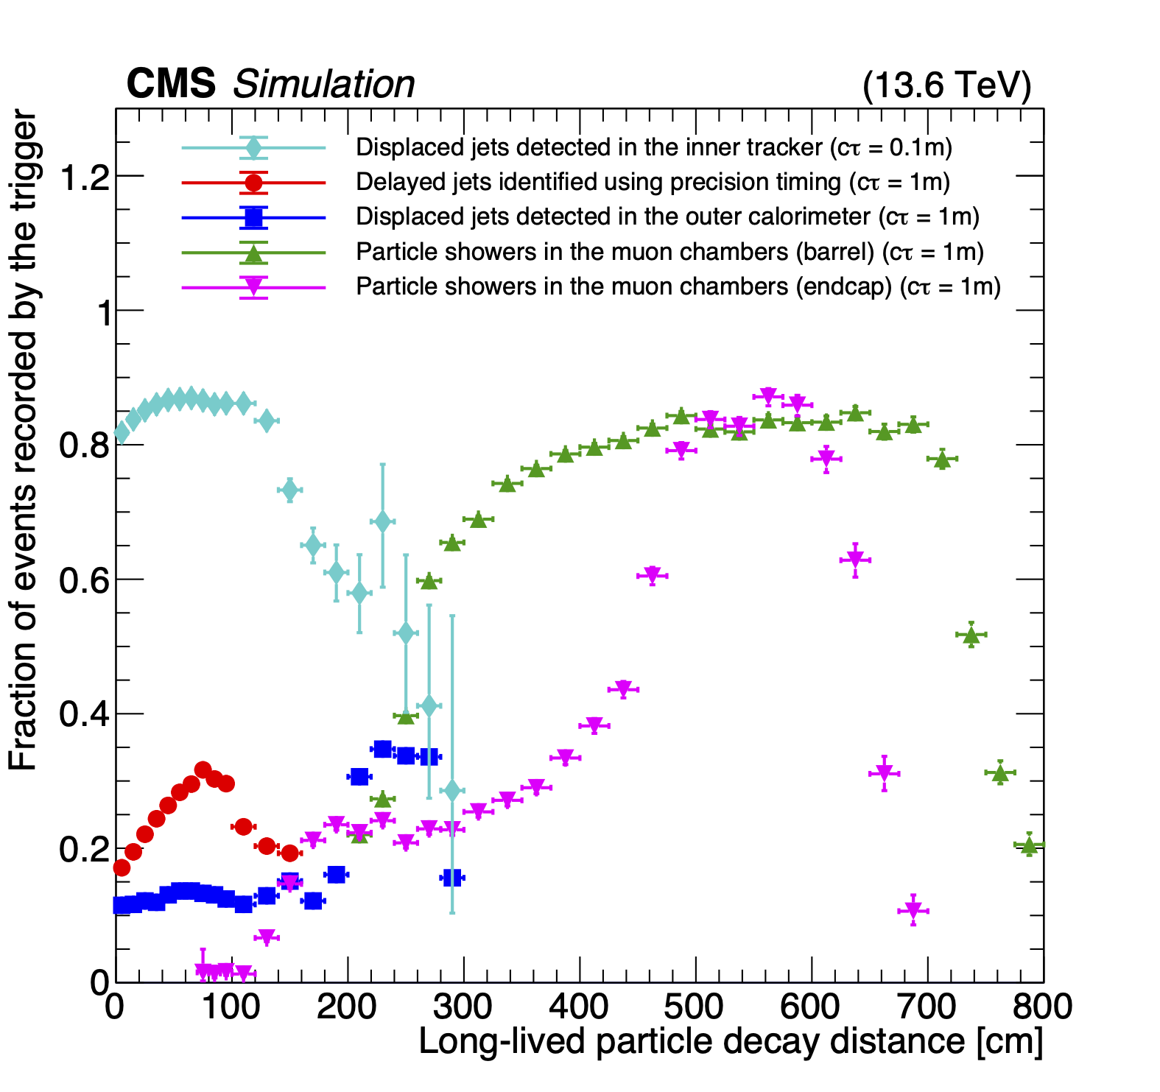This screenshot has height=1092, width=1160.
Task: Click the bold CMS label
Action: pyautogui.click(x=171, y=84)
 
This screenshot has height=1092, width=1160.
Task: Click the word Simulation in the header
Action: pyautogui.click(x=323, y=85)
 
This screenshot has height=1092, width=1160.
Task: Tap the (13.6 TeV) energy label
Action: pyautogui.click(x=946, y=85)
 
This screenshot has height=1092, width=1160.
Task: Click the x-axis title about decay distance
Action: pyautogui.click(x=731, y=1041)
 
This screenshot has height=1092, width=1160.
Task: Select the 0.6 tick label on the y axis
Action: pyautogui.click(x=80, y=580)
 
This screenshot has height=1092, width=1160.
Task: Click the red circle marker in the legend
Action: pyautogui.click(x=253, y=182)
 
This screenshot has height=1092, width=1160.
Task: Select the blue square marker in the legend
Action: pyautogui.click(x=253, y=217)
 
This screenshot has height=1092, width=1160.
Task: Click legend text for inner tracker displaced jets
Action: pyautogui.click(x=653, y=147)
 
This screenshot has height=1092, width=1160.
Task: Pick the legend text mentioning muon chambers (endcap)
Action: pyautogui.click(x=678, y=286)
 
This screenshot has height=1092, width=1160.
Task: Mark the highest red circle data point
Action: pyautogui.click(x=203, y=770)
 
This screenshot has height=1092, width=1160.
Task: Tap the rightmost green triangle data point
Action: pyautogui.click(x=1029, y=846)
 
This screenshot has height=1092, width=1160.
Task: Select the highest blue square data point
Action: pyautogui.click(x=382, y=749)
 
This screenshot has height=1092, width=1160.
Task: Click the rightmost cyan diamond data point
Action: pyautogui.click(x=452, y=791)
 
